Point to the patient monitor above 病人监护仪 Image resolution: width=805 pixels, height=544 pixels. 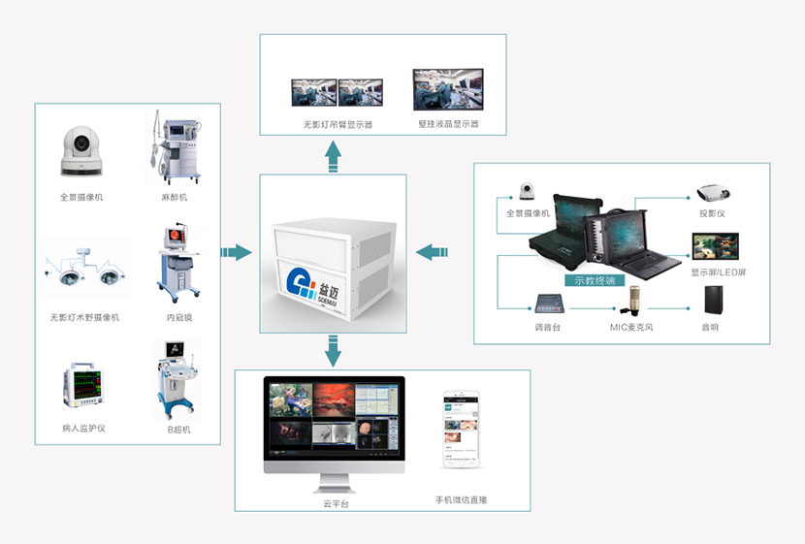click(84, 384)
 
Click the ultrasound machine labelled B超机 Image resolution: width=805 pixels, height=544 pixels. click(177, 380)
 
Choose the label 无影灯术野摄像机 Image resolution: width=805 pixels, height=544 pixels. click(84, 317)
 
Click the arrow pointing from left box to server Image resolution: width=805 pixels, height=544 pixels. click(236, 253)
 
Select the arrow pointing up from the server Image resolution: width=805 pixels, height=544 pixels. click(334, 156)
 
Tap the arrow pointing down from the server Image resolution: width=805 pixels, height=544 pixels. click(334, 351)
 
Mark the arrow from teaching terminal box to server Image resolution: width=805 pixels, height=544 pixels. click(432, 253)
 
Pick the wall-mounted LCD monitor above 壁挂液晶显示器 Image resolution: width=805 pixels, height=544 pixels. click(448, 90)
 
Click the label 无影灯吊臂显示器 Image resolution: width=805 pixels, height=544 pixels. click(337, 124)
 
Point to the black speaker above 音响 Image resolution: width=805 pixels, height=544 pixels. click(715, 301)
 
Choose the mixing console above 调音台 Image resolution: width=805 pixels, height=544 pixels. click(549, 304)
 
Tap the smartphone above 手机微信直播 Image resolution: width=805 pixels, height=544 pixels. click(462, 431)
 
